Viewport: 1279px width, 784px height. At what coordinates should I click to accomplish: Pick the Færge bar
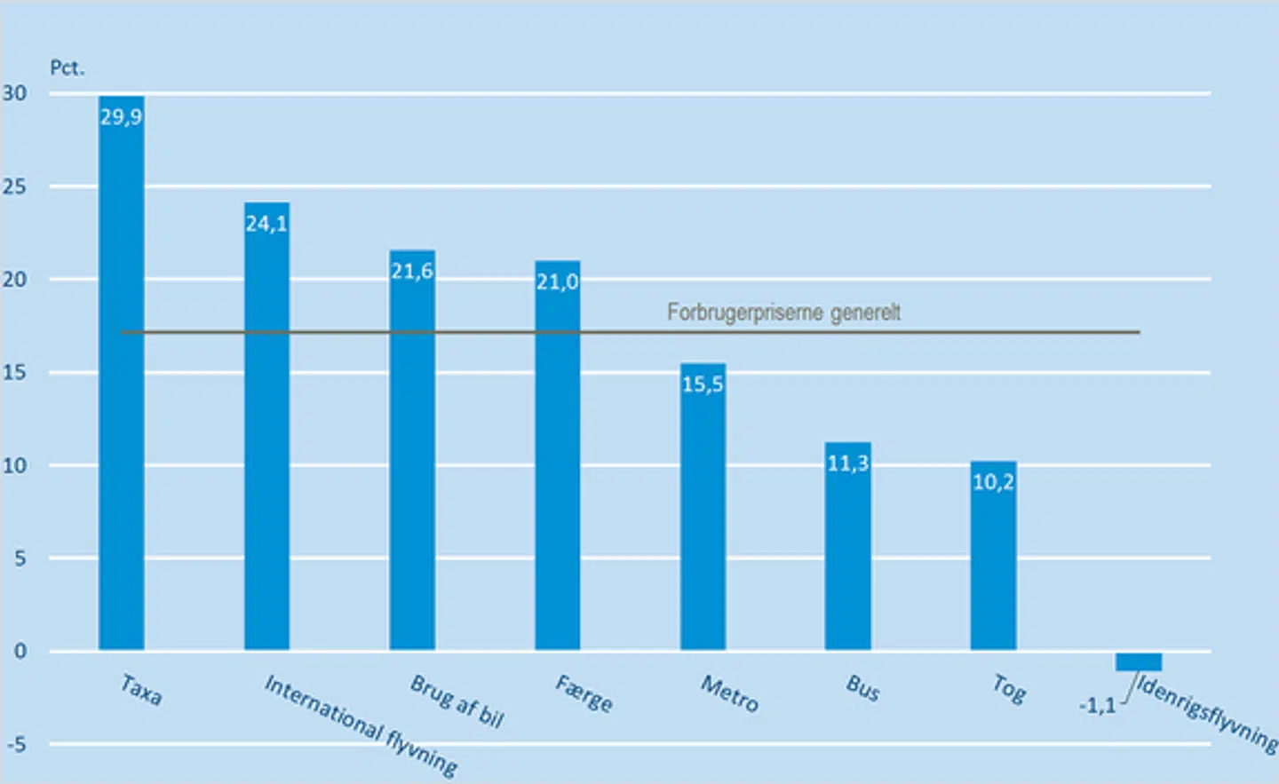click(557, 462)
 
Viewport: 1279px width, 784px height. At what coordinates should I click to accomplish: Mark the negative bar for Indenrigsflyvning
click(1138, 661)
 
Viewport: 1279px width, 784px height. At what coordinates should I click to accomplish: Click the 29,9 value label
click(121, 117)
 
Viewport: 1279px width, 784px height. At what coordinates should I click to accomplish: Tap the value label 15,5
click(703, 384)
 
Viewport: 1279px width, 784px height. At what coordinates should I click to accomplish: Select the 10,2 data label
click(993, 482)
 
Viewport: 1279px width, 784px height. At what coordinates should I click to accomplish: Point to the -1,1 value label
click(1097, 706)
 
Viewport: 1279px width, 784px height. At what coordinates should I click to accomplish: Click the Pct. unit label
click(67, 68)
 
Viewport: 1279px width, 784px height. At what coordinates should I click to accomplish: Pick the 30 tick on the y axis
click(14, 93)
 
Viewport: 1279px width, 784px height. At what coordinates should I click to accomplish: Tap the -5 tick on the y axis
click(17, 745)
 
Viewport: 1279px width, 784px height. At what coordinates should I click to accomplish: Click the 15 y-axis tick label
click(14, 372)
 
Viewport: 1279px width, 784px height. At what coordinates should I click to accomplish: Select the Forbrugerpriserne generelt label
click(783, 313)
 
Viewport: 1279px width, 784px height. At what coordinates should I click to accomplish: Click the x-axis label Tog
click(1009, 688)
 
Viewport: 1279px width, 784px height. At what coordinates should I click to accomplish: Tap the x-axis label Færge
click(584, 693)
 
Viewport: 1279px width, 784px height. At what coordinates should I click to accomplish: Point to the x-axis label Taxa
click(141, 690)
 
